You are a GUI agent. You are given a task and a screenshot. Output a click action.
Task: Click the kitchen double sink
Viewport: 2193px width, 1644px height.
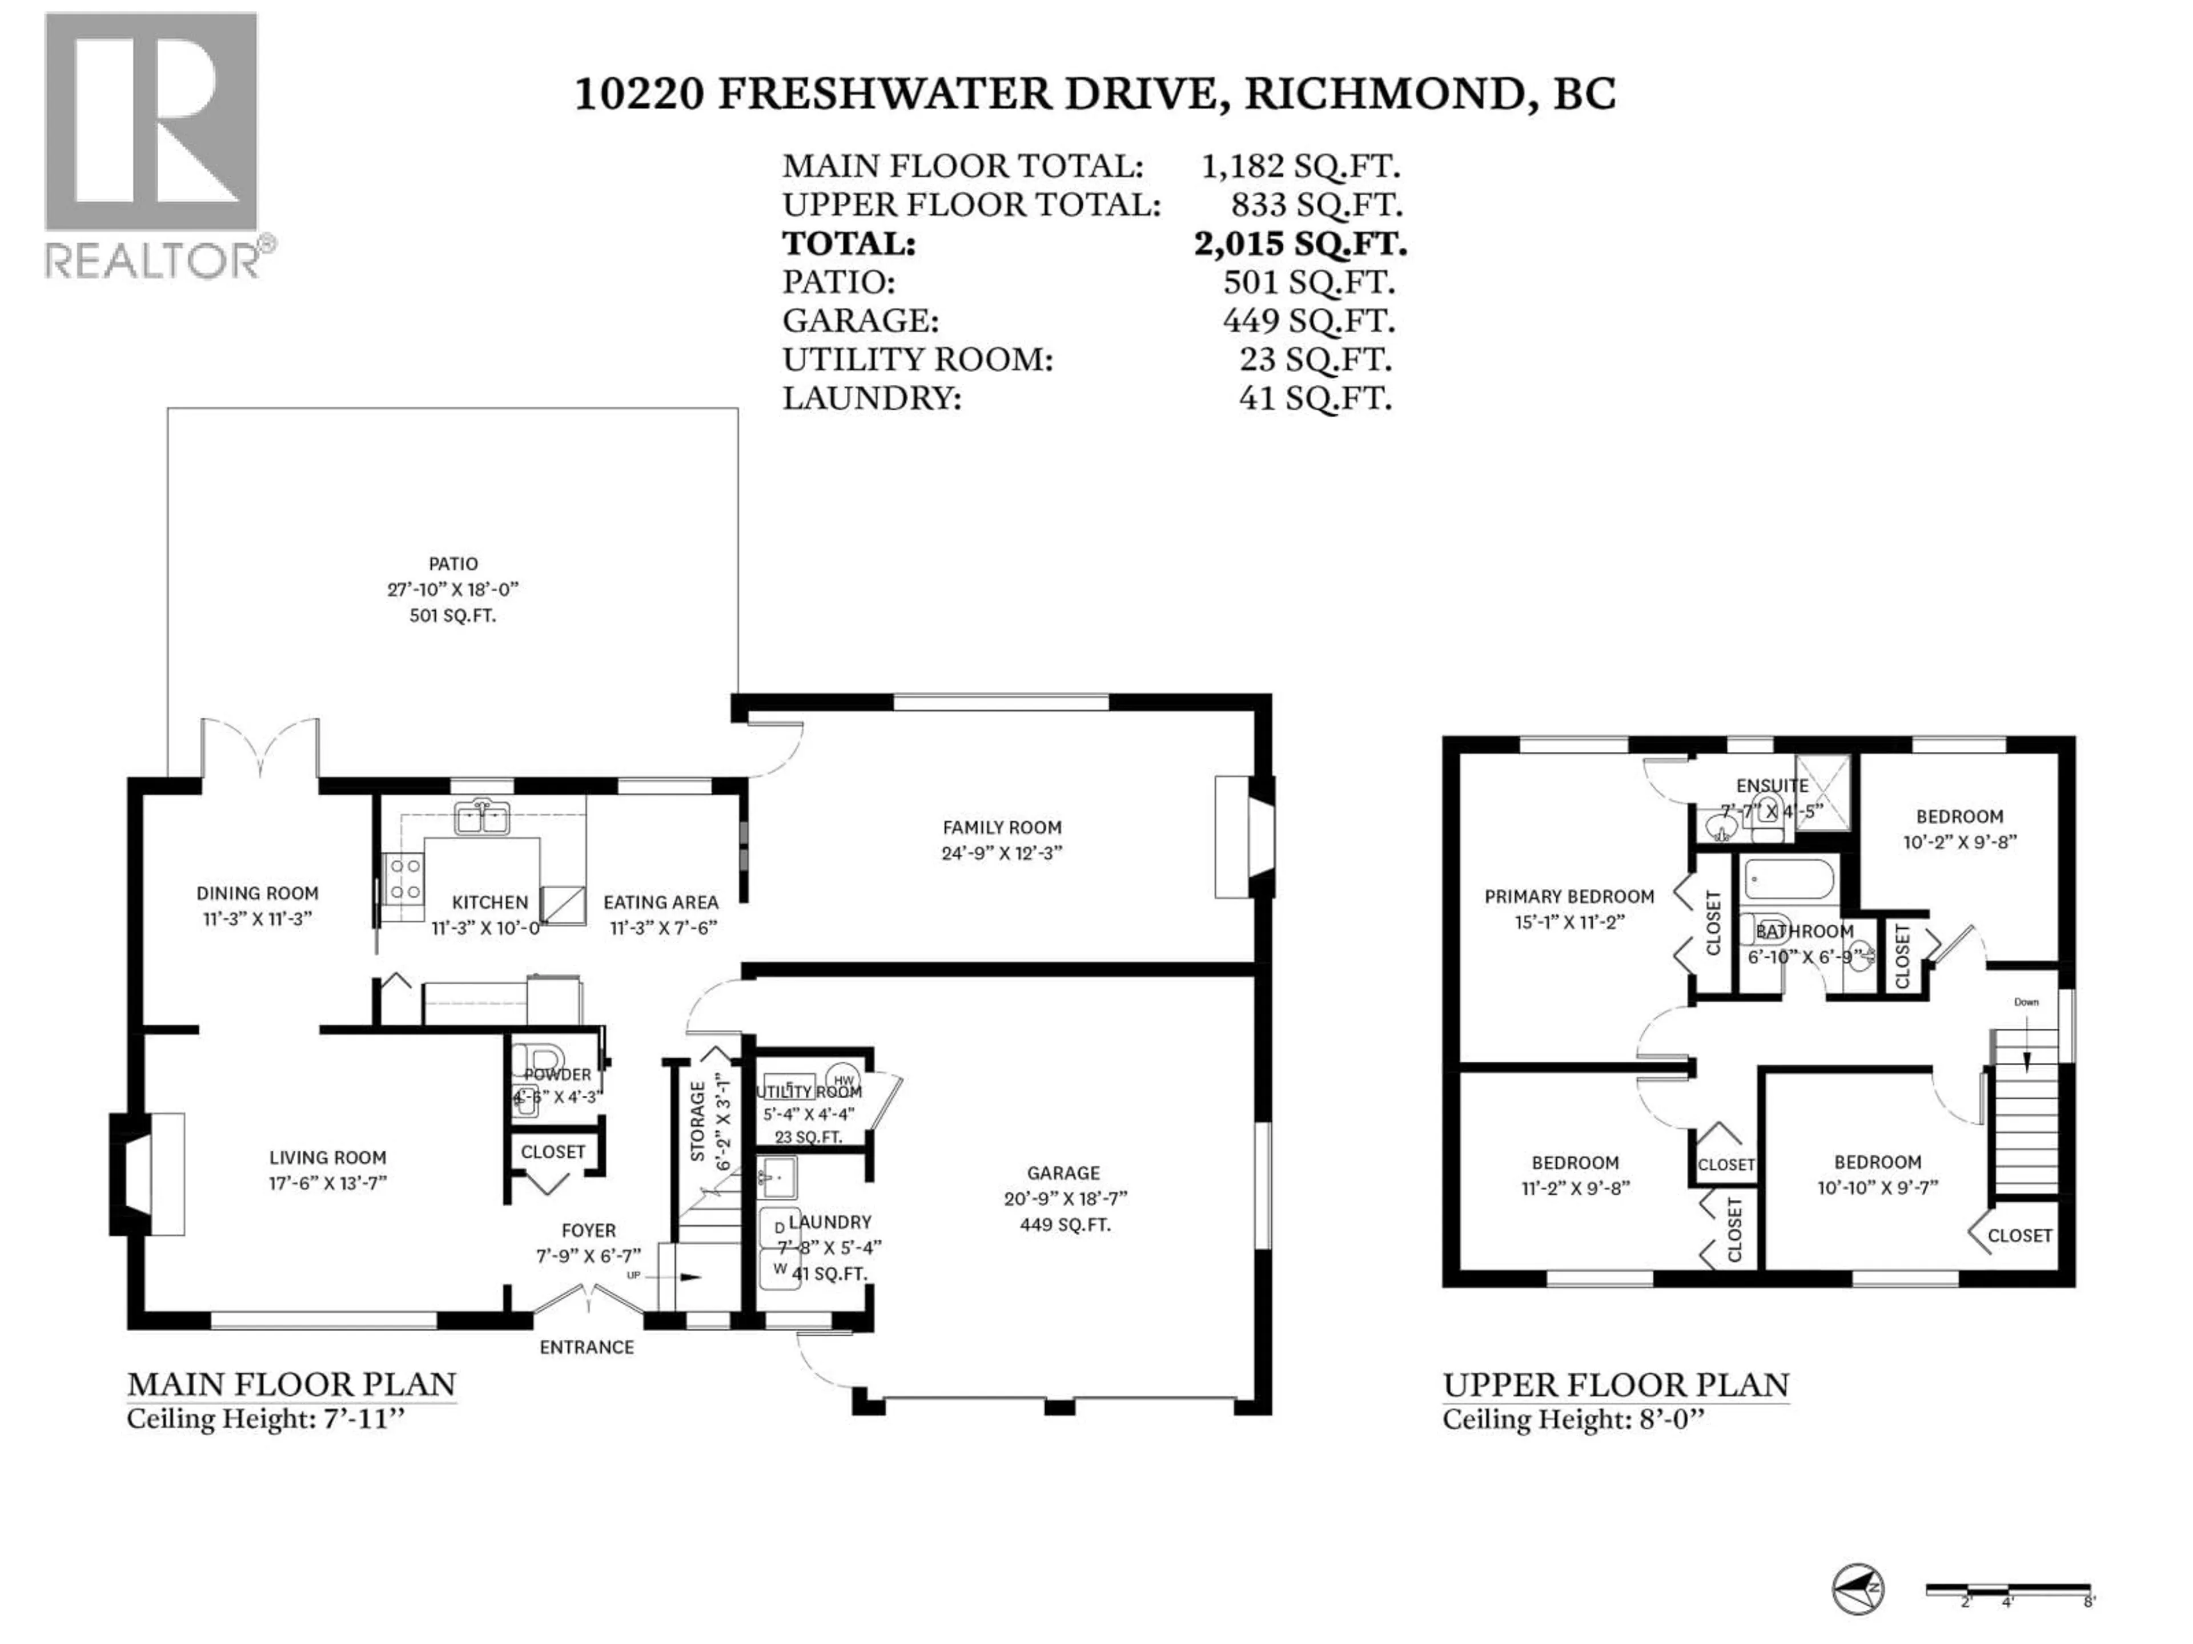(x=482, y=819)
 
